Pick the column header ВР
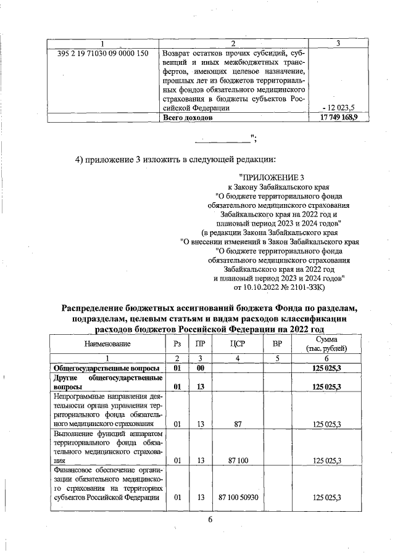point(277,343)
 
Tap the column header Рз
point(177,343)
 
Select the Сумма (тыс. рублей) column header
point(326,343)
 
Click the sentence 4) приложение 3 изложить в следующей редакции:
point(175,160)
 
